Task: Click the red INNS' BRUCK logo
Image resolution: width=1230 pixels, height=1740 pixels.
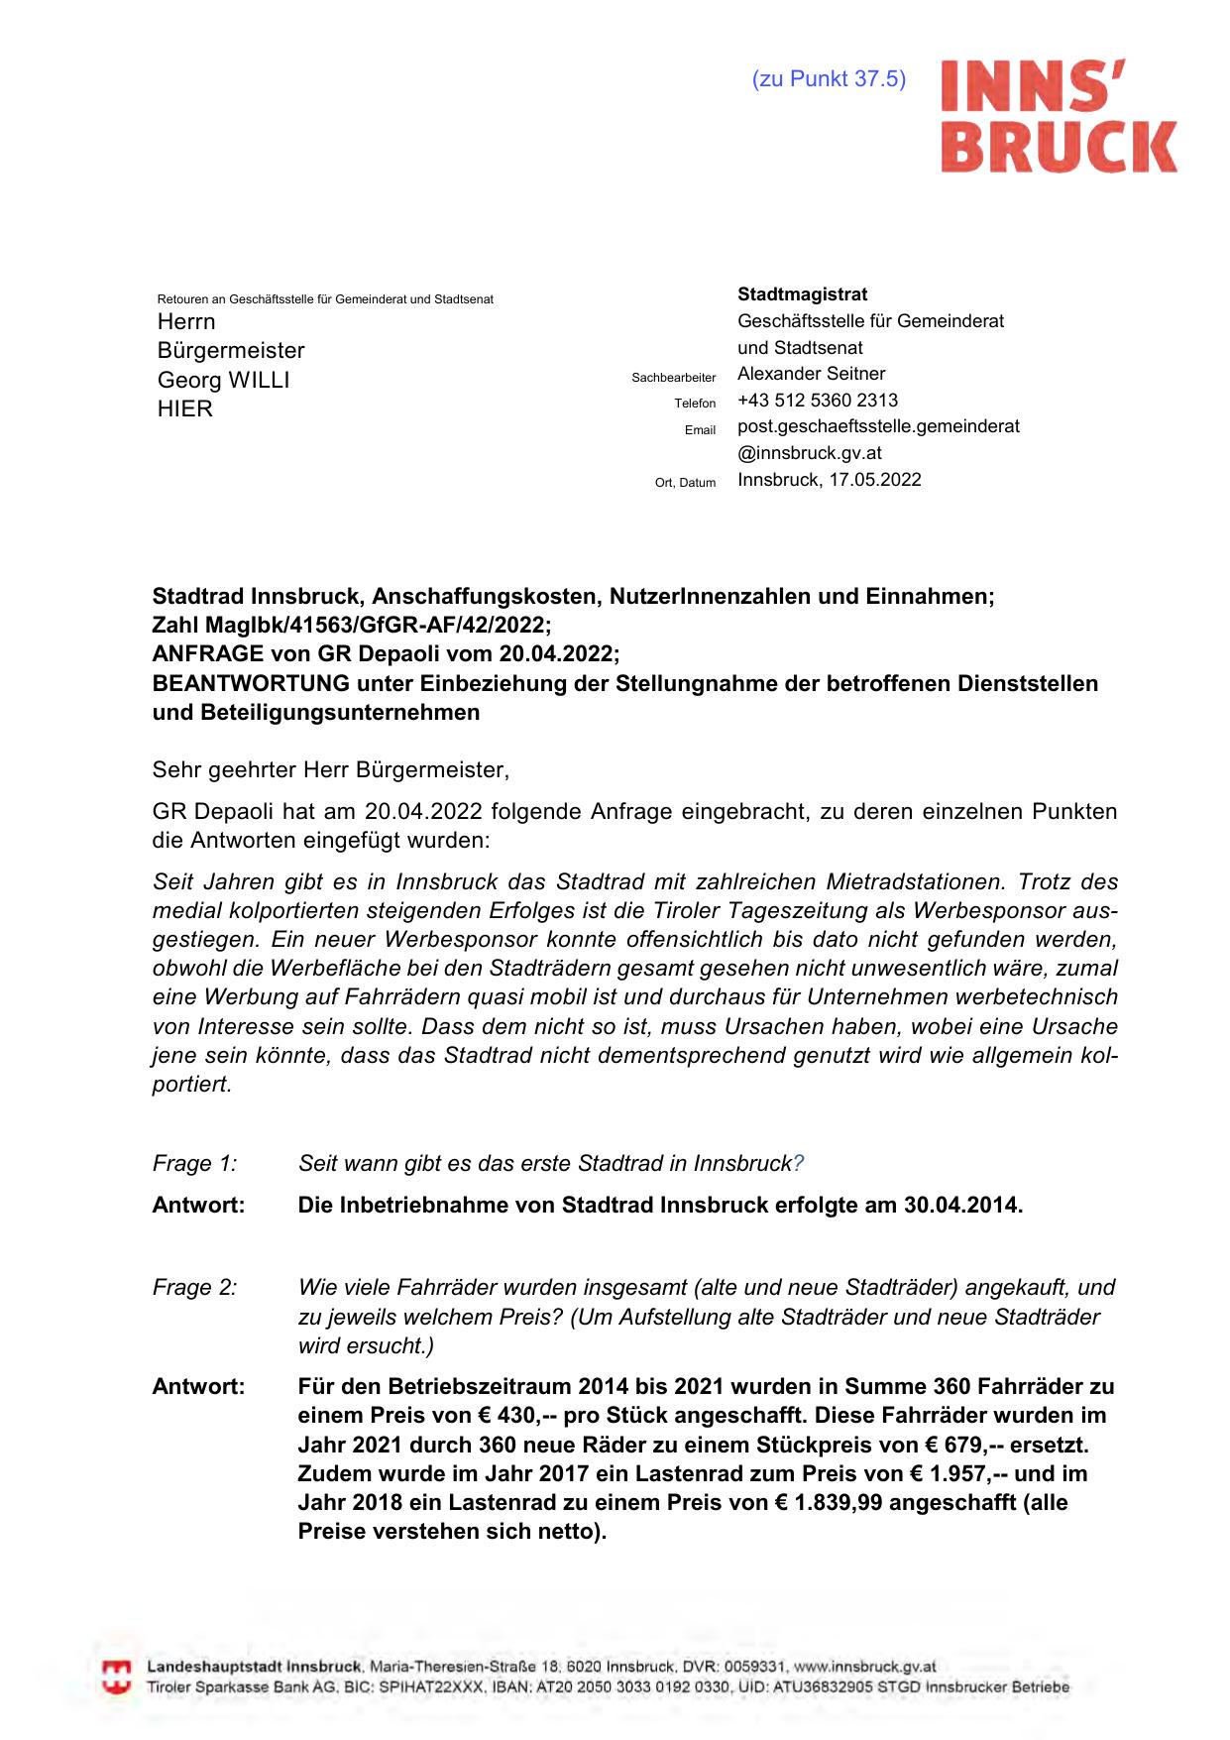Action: point(1058,116)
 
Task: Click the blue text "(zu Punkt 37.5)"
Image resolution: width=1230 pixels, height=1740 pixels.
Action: point(829,79)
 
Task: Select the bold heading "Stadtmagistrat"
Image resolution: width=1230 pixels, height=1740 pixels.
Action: point(802,294)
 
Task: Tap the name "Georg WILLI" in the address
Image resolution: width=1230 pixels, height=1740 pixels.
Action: point(223,380)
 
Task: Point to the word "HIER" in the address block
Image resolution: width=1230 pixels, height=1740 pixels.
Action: point(184,408)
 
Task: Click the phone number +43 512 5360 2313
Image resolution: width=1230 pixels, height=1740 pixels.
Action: point(818,401)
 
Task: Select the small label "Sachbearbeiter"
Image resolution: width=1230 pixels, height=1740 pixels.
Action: point(673,378)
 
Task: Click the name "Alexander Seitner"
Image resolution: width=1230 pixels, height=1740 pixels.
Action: point(811,374)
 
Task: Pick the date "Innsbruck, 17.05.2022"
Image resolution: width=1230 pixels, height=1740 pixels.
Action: point(829,480)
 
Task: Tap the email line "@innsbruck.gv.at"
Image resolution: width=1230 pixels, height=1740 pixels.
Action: point(809,453)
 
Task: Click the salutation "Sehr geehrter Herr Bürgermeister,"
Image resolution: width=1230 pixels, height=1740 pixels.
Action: point(330,769)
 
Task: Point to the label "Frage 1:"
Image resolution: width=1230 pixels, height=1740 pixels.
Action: point(194,1163)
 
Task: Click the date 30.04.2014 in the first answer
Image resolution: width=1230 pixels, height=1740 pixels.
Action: point(959,1206)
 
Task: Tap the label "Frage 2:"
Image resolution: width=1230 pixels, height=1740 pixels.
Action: point(194,1288)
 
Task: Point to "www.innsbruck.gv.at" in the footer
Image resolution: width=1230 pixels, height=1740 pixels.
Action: point(864,1667)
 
